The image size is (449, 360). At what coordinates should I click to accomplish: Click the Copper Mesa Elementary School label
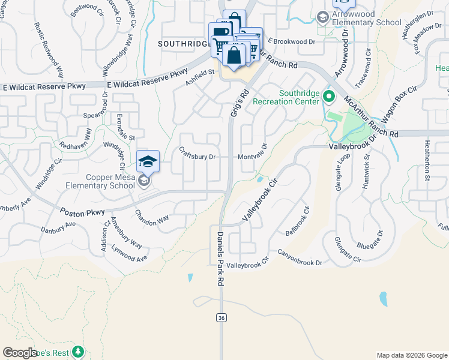pyautogui.click(x=110, y=181)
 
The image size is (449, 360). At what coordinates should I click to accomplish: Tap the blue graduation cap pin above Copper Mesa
pyautogui.click(x=148, y=161)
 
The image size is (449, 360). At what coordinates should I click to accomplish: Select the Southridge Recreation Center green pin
pyautogui.click(x=328, y=96)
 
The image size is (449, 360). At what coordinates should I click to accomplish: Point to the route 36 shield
pyautogui.click(x=221, y=317)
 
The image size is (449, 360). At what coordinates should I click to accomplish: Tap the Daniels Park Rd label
pyautogui.click(x=220, y=258)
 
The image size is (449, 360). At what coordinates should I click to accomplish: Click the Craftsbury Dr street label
pyautogui.click(x=197, y=157)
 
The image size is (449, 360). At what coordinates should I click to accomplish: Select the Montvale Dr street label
pyautogui.click(x=252, y=157)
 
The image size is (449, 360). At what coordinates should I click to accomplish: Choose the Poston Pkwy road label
pyautogui.click(x=82, y=212)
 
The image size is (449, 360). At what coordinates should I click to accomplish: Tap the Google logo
pyautogui.click(x=20, y=353)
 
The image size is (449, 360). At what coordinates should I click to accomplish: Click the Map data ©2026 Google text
pyautogui.click(x=411, y=355)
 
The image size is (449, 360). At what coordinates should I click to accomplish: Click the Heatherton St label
pyautogui.click(x=427, y=160)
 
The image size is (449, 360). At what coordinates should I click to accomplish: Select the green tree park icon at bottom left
pyautogui.click(x=77, y=351)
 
